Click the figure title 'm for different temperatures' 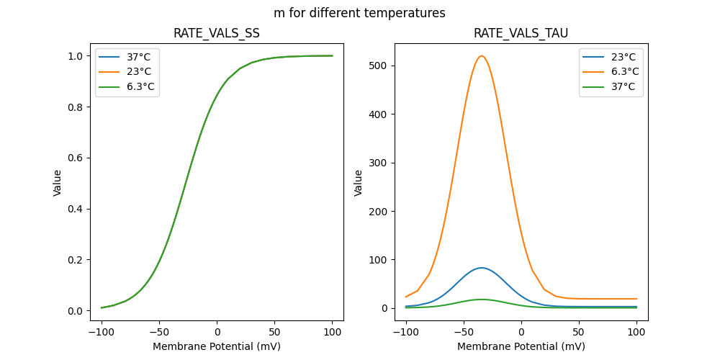pos(359,13)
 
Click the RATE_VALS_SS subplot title pos(217,33)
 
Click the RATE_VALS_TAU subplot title pos(521,33)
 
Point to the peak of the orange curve pos(482,56)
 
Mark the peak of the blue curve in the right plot pos(482,268)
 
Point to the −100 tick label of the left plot pos(102,332)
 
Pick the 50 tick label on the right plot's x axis pos(579,332)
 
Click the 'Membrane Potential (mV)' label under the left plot pos(217,346)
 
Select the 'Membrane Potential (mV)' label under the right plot pos(521,346)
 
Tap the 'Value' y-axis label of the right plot pos(358,183)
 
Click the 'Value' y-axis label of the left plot pos(58,183)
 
